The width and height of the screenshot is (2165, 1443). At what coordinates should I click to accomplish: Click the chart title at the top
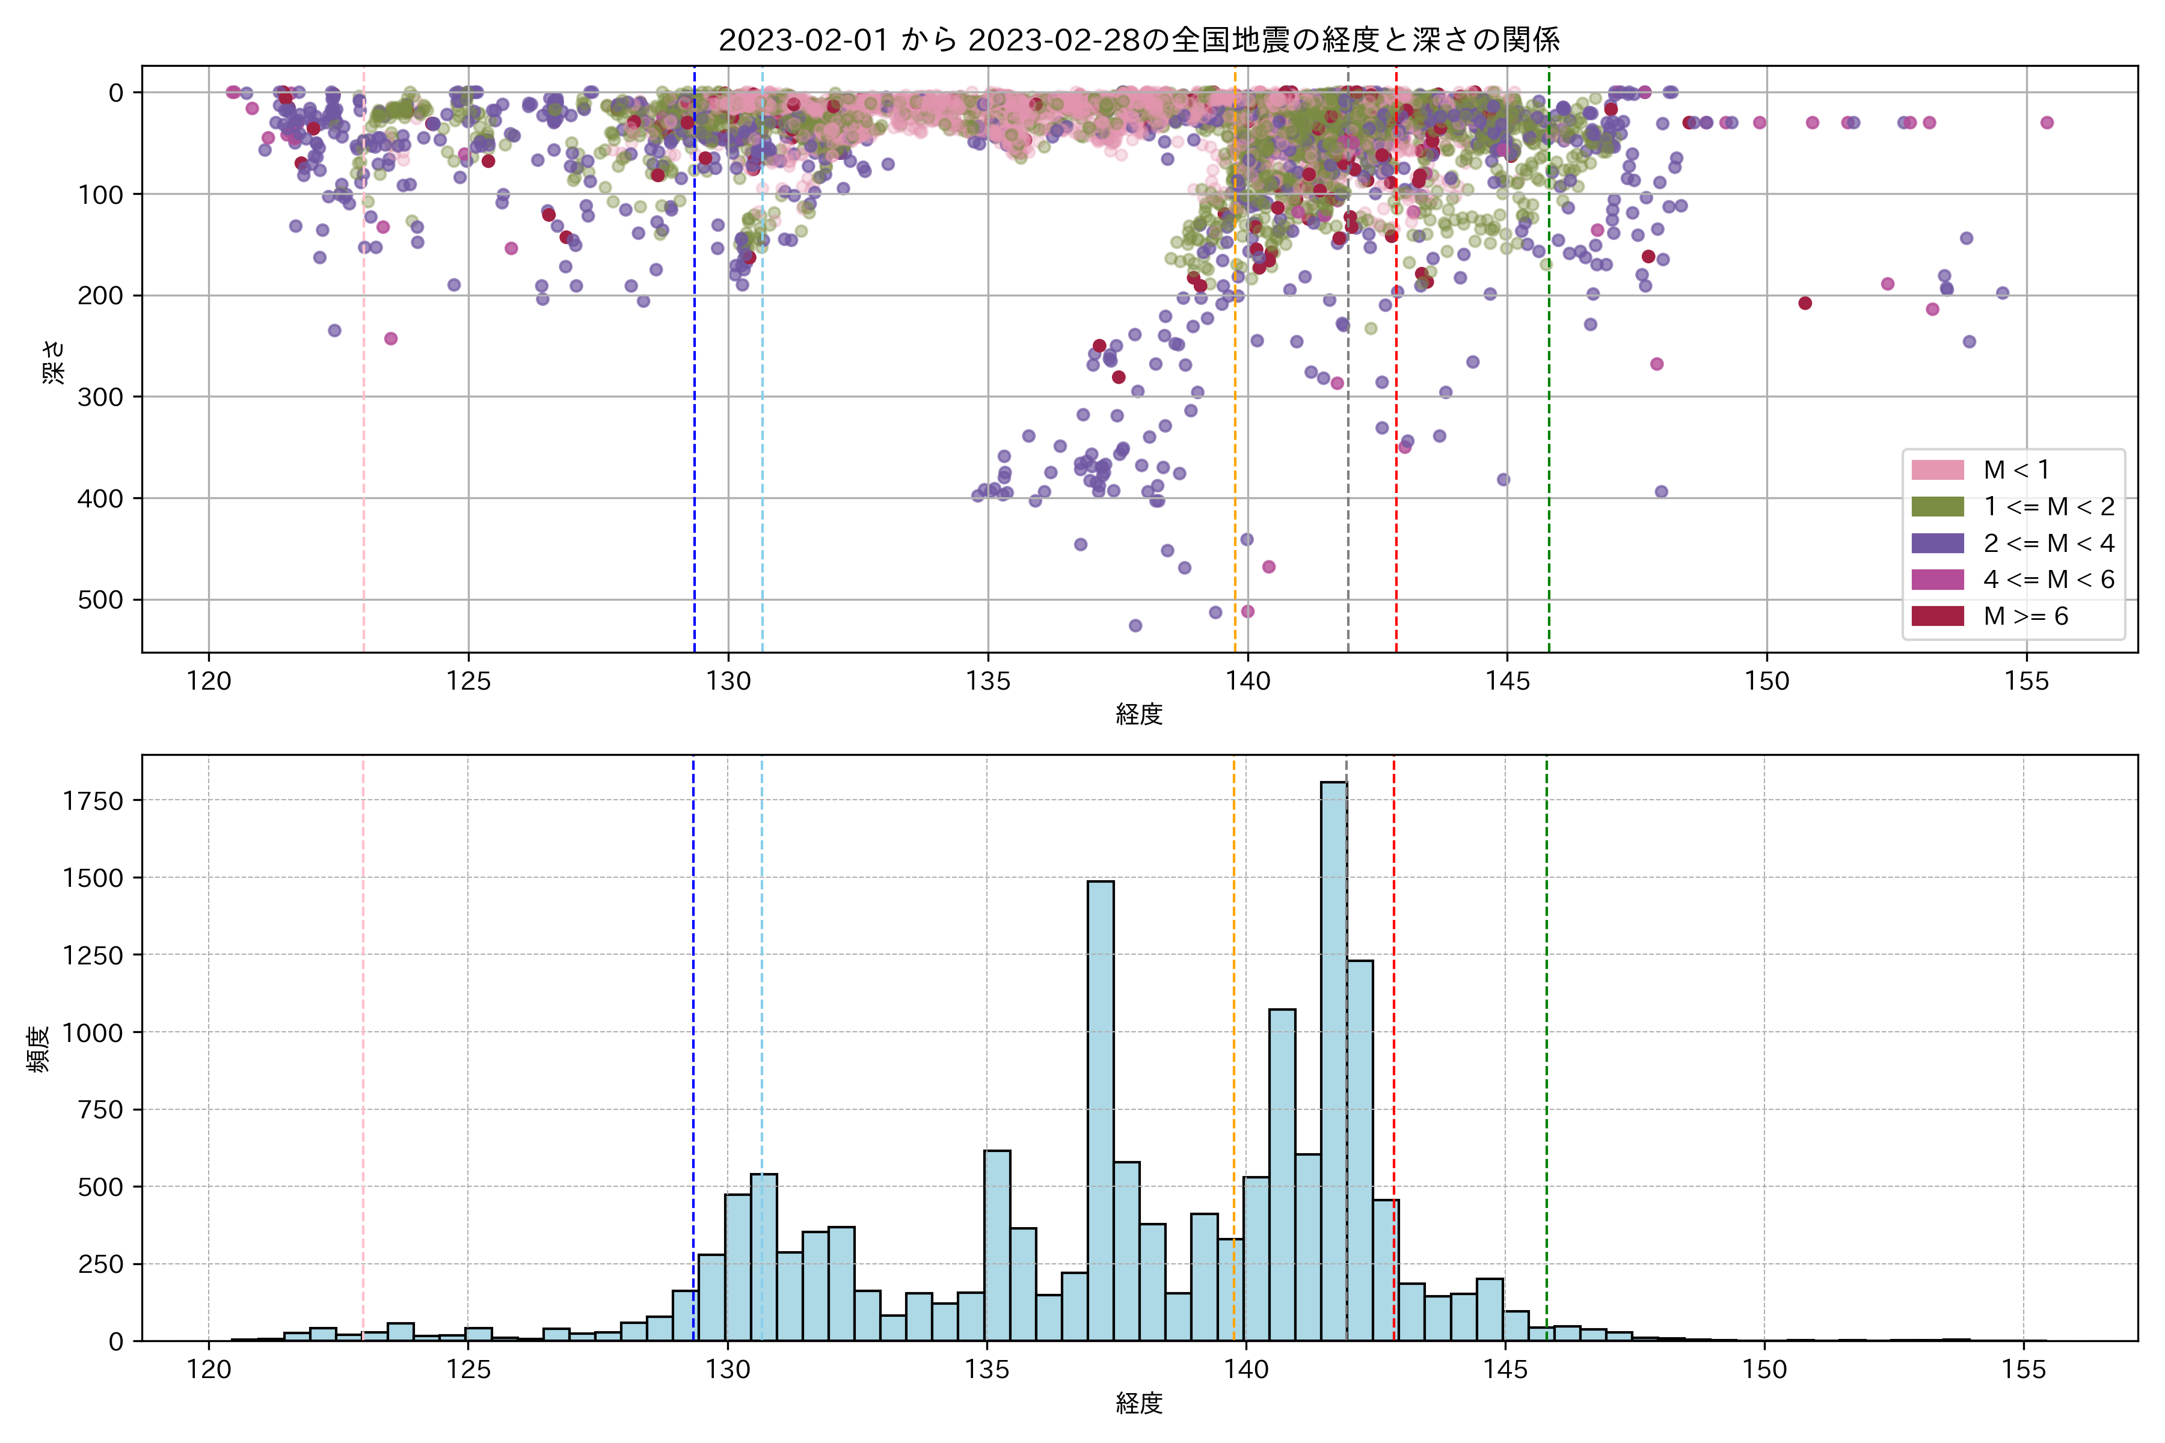(1138, 40)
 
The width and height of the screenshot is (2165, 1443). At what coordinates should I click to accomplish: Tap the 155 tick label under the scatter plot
(2026, 682)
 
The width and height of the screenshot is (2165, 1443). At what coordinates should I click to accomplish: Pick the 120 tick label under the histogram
(208, 1370)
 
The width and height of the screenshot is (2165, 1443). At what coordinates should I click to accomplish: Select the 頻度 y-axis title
(38, 1049)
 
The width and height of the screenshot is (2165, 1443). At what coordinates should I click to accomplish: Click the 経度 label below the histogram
(1138, 1403)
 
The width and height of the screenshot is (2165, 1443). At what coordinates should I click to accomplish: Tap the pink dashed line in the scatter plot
(364, 414)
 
